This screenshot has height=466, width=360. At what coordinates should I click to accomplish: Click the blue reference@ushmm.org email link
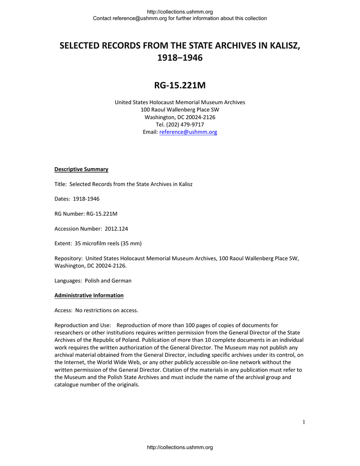coord(188,132)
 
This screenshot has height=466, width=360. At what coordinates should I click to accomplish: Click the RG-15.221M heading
coord(180,85)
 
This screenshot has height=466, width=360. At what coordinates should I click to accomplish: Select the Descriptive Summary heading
coord(81,169)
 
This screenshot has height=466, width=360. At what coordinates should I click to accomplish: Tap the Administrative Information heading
coord(89,295)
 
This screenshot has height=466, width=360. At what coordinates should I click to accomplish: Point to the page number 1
coord(304,422)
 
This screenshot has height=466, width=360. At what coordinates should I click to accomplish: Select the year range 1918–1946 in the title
coord(180,58)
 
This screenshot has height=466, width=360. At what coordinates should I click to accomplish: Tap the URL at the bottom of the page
coord(180,448)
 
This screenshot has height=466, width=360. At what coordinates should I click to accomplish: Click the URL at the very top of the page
coord(180,11)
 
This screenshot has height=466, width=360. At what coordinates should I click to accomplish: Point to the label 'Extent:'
coord(64,243)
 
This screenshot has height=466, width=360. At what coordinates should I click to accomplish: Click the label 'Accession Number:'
coord(78,228)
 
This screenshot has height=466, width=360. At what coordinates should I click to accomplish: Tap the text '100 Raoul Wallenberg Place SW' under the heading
coord(180,110)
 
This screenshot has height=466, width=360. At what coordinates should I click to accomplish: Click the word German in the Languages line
coord(122,280)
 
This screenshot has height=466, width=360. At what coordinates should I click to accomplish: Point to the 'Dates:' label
coord(62,199)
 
